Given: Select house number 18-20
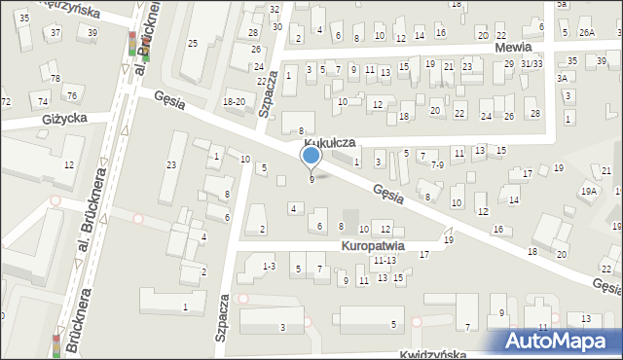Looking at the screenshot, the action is tap(234, 101).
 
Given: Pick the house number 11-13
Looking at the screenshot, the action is tap(384, 261).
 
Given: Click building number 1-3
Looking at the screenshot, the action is tap(270, 266).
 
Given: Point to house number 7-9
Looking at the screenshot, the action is tap(438, 165).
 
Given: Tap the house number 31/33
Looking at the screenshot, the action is tap(531, 63).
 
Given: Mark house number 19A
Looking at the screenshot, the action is tap(589, 192).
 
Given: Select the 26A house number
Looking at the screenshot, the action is tap(586, 32).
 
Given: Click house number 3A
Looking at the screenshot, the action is tap(562, 78).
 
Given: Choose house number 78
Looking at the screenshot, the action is tap(55, 78).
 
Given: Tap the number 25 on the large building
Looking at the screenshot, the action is tap(193, 43).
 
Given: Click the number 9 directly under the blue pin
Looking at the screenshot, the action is tap(311, 179).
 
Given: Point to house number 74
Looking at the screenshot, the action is tap(42, 101).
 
